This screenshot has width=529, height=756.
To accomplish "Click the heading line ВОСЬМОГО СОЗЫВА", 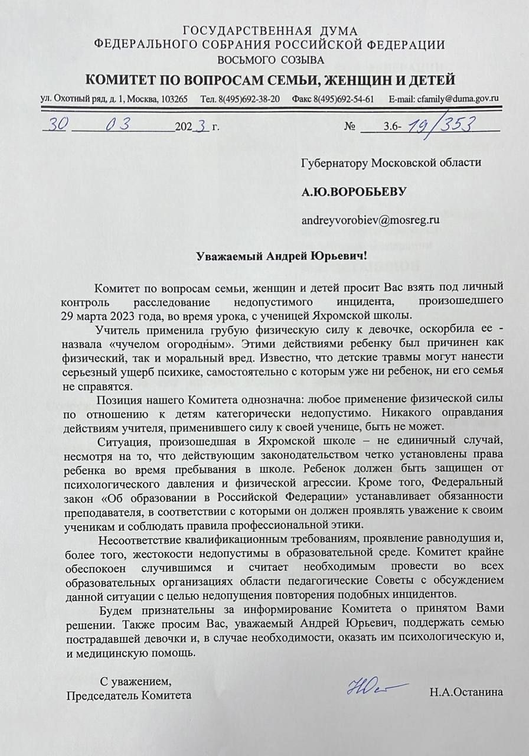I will (x=270, y=60).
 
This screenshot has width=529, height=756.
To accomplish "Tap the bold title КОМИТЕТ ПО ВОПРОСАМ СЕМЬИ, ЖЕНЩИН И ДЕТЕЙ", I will (x=270, y=80).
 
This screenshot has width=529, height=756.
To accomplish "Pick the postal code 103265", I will (x=174, y=99).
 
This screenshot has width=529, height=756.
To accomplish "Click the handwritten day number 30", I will (x=59, y=125).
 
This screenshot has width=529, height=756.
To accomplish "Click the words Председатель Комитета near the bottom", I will (x=129, y=695).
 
